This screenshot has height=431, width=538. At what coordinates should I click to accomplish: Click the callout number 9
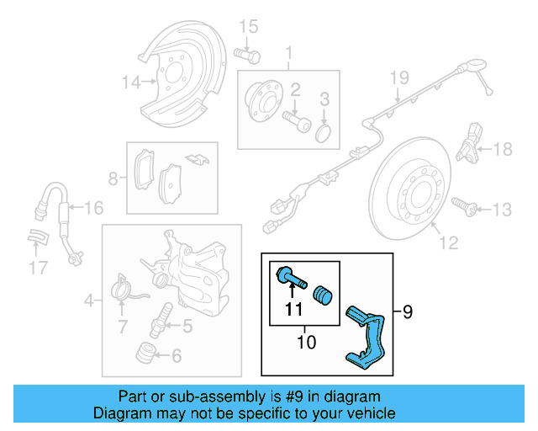[x=409, y=313]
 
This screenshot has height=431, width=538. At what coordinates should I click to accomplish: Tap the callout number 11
[x=292, y=309]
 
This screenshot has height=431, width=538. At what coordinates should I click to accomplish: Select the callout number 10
[x=306, y=342]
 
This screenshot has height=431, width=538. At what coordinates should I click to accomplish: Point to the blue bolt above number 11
[x=288, y=275]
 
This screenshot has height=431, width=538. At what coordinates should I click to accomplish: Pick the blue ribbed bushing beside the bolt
[x=322, y=296]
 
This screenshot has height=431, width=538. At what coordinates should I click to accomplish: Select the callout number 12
[x=449, y=243]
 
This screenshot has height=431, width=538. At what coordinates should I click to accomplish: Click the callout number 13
[x=502, y=208]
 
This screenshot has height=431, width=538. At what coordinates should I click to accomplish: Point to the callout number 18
[x=502, y=150]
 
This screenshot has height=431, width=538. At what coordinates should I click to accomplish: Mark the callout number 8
[x=113, y=178]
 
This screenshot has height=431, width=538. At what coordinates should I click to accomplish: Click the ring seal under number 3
[x=324, y=134]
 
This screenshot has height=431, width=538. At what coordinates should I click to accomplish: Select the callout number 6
[x=177, y=356]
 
